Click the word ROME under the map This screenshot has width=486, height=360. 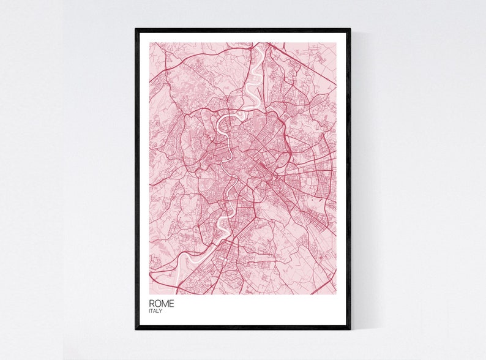(161, 303)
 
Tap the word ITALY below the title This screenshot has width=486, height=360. (155, 311)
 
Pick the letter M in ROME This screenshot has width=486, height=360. (165, 303)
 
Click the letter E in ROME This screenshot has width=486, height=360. (171, 303)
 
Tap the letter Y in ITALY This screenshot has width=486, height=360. (161, 311)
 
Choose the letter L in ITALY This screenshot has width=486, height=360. (159, 311)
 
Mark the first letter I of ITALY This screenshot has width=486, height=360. (149, 311)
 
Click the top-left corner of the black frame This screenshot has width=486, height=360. (136, 29)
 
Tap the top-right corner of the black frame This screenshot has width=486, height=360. (350, 29)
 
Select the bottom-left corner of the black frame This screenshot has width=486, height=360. (136, 329)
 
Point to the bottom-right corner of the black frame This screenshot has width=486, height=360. (350, 329)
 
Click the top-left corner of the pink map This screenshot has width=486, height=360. (149, 43)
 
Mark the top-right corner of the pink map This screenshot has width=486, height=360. (336, 43)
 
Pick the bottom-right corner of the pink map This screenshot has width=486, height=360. (336, 294)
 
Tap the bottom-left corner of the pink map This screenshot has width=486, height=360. (149, 294)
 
